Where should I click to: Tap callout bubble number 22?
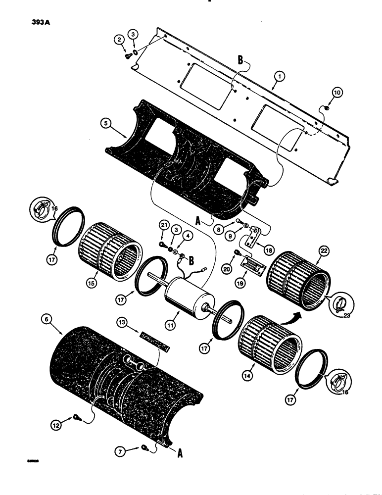tap(324, 251)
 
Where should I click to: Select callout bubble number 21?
tap(163, 226)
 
